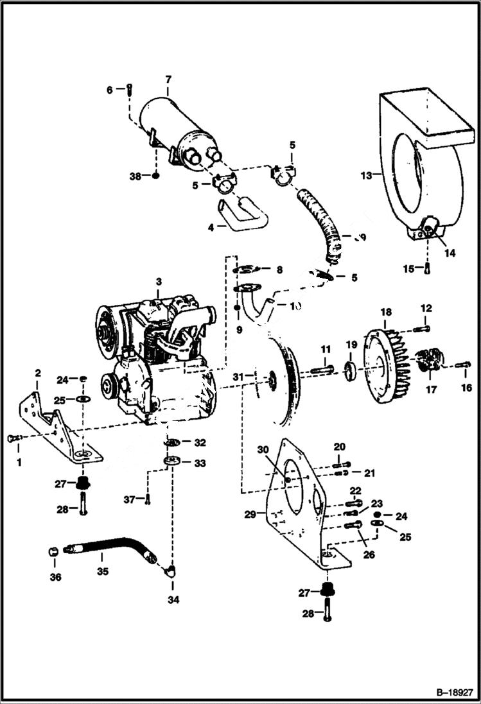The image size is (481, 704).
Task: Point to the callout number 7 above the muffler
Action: (x=168, y=80)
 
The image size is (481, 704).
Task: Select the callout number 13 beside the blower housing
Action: (x=367, y=174)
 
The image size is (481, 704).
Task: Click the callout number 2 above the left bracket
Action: (x=37, y=373)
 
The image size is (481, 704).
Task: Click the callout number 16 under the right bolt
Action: (x=466, y=388)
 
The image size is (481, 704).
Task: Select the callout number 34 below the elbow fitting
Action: (x=173, y=600)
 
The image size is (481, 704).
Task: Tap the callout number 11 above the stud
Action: (x=326, y=349)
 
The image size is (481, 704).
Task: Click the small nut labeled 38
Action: (x=155, y=175)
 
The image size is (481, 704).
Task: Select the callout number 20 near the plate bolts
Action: (x=339, y=447)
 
